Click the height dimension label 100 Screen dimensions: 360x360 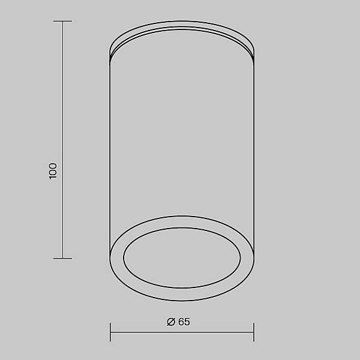[53, 171]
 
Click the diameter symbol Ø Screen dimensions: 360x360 [171, 322]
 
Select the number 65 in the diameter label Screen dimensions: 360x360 [184, 322]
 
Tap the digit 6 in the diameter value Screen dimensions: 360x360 [181, 322]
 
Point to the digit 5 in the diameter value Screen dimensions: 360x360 [187, 322]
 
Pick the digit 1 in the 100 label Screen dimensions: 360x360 [53, 178]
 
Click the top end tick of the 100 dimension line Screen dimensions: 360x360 [62, 22]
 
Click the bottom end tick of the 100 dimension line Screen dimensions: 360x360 [62, 258]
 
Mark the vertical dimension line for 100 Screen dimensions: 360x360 [62, 140]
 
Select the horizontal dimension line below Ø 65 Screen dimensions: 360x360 [182, 332]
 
